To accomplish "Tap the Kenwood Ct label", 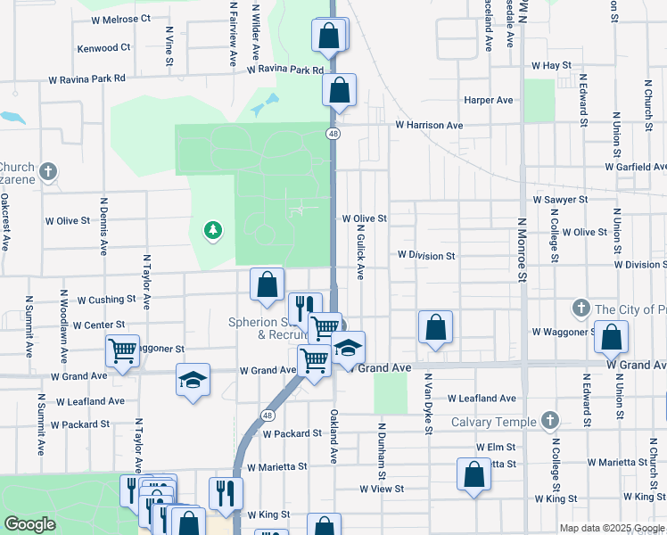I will coord(103,48).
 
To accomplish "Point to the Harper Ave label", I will coord(489,101).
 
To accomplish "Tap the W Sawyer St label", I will coord(560,201).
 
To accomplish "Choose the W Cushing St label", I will coord(106,300).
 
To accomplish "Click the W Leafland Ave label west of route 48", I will coord(87,401).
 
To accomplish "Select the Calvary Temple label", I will coord(493,422).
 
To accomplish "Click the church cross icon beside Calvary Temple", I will coord(549,419).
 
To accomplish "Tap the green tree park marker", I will coord(212,232).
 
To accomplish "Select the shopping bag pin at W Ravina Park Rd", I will coord(339,90).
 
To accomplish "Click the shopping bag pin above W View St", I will coord(473,473).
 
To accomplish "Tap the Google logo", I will coord(30,525).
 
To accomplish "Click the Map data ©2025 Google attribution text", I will coord(612,528).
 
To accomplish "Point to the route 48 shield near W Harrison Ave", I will coord(332,134).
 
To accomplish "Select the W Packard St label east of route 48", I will coord(292,433).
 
